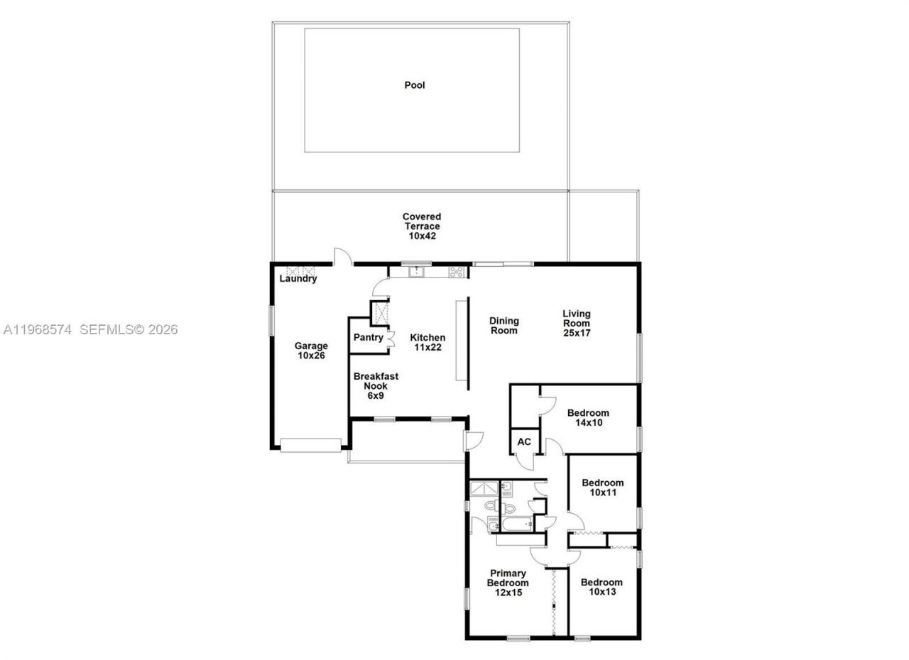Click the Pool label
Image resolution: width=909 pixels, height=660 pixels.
[415, 85]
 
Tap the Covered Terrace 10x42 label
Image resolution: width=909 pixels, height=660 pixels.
[422, 226]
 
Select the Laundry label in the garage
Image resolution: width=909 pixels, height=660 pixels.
[298, 279]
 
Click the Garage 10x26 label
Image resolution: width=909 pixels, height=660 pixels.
[311, 351]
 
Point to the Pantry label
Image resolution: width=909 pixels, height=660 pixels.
[368, 338]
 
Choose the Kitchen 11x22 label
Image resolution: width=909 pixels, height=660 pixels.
[428, 342]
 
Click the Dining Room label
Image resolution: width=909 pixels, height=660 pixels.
[504, 326]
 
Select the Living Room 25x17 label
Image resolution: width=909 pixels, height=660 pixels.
[576, 323]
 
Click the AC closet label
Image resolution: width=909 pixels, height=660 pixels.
[524, 442]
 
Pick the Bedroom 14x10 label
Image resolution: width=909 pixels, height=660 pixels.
[588, 417]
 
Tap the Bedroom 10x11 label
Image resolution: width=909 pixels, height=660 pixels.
[602, 488]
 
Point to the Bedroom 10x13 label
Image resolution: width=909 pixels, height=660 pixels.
[602, 587]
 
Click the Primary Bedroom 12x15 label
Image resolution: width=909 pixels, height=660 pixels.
[508, 583]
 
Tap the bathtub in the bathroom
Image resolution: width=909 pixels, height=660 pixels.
[516, 525]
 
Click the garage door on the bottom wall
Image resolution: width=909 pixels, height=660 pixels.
[310, 445]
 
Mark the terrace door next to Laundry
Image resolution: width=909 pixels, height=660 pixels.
[344, 257]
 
